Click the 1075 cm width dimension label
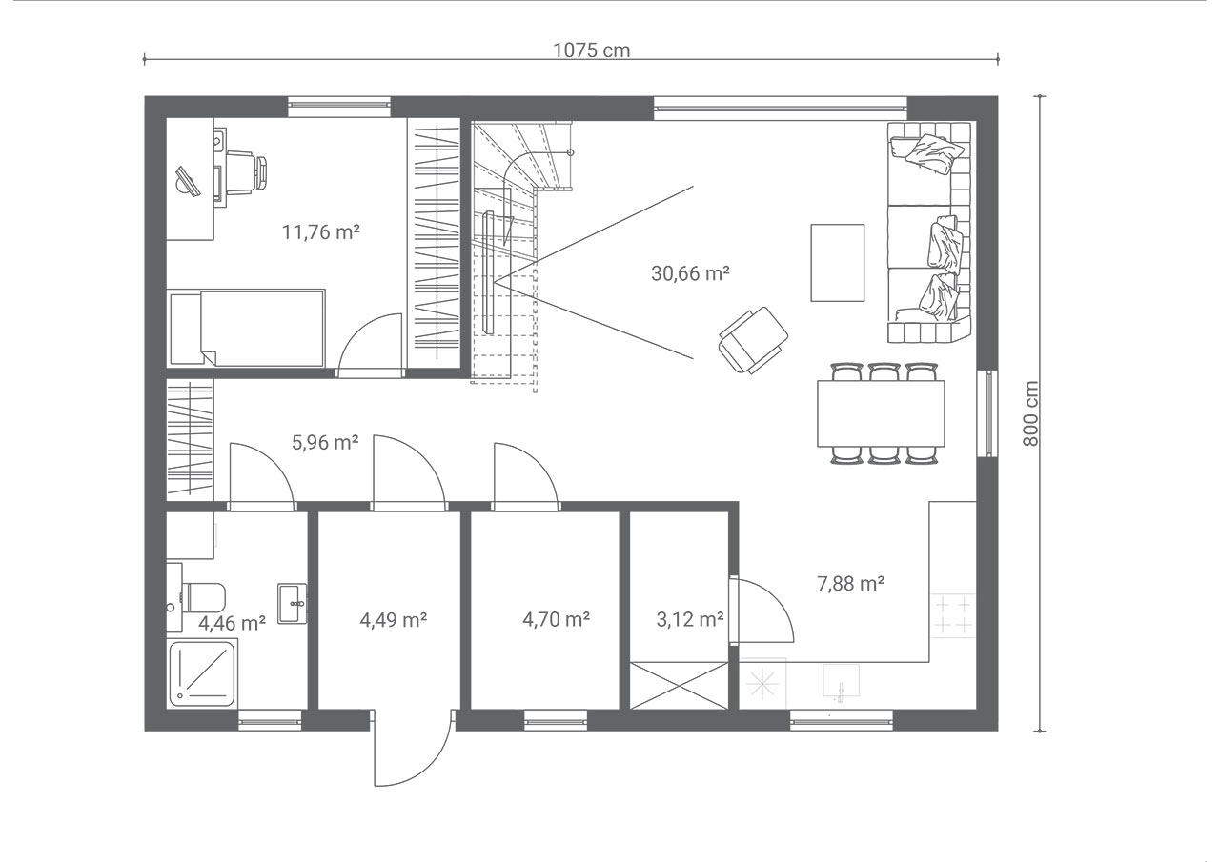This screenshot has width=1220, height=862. (592, 50)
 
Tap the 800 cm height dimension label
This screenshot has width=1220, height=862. (1031, 413)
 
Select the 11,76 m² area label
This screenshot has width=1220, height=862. (321, 232)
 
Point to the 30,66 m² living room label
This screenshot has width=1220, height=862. (690, 273)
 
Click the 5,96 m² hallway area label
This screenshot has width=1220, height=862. (325, 442)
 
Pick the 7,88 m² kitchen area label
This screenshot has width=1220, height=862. (851, 584)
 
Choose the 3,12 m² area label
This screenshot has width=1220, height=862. (690, 619)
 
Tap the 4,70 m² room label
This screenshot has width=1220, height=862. (556, 619)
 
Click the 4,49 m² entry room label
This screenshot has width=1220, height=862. (394, 619)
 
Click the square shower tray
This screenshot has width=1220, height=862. (202, 674)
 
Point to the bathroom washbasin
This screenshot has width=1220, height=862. (293, 604)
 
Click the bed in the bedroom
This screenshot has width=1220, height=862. (247, 327)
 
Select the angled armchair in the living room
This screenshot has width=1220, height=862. (754, 340)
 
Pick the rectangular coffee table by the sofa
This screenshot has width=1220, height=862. (838, 262)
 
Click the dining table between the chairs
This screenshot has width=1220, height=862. (881, 413)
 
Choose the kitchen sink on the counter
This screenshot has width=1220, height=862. (841, 680)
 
